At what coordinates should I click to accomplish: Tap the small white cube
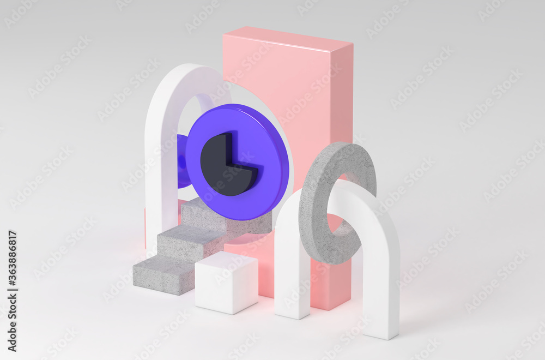tap(226, 282)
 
